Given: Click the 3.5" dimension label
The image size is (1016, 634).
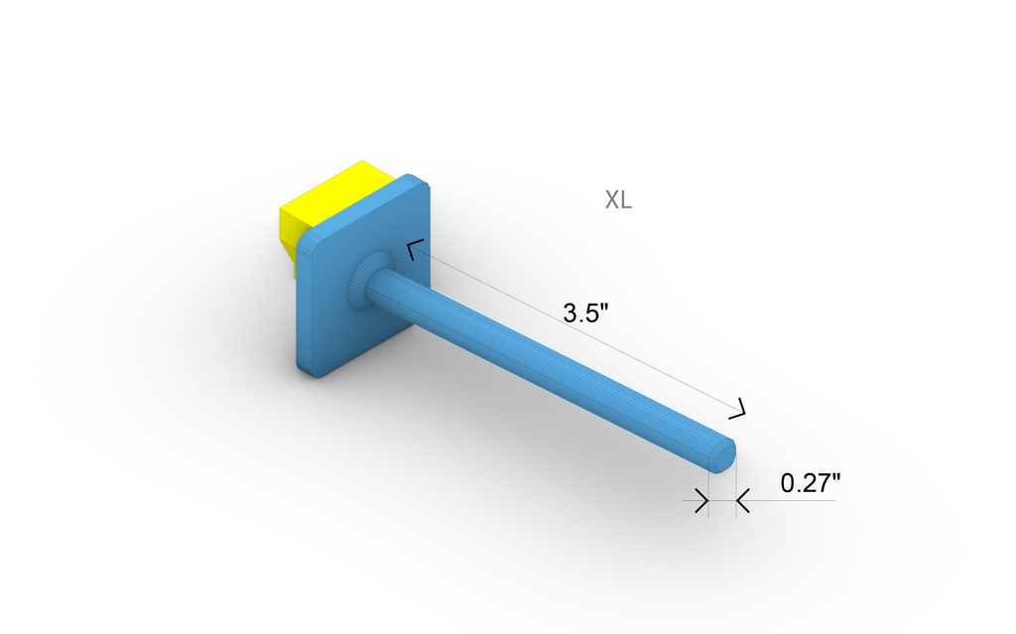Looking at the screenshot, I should click(x=585, y=314).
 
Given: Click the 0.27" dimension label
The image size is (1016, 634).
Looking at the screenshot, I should click(x=811, y=484).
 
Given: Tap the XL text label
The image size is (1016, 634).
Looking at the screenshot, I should click(x=618, y=199).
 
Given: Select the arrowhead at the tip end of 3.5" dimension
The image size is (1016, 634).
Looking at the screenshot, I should click(x=739, y=407).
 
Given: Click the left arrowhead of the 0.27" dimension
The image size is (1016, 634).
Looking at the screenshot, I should click(x=701, y=502).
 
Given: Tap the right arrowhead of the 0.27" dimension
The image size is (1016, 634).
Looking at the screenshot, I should click(x=742, y=502).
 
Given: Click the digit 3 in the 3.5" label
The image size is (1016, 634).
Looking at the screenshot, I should click(x=571, y=314).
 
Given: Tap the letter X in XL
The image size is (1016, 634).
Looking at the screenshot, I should click(x=612, y=199).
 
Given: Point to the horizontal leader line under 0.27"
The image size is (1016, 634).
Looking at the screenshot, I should click(x=794, y=500).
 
